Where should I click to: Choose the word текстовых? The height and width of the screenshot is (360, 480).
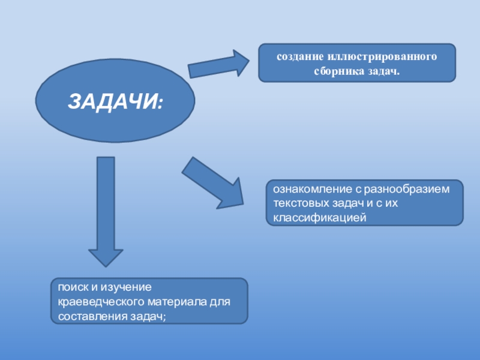(299, 203)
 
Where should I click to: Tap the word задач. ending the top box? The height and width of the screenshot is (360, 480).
(384, 71)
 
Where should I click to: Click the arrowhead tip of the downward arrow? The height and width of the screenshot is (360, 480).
(106, 265)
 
